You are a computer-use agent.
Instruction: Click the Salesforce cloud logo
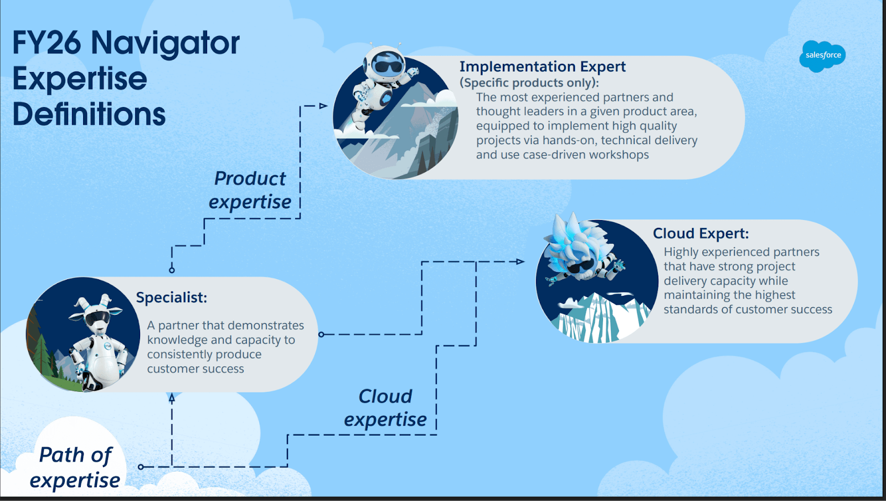click(x=822, y=55)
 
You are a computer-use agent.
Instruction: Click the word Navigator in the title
click(x=165, y=43)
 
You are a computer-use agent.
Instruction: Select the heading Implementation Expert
click(x=542, y=67)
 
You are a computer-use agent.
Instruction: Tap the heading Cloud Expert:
click(x=700, y=233)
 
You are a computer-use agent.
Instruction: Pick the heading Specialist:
click(x=171, y=298)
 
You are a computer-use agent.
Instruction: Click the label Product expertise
click(x=250, y=190)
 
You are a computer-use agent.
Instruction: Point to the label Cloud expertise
click(x=385, y=408)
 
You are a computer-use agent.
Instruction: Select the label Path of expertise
click(x=75, y=467)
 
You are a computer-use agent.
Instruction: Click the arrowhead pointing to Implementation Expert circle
click(x=324, y=106)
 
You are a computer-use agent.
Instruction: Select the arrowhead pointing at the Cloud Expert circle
click(x=520, y=262)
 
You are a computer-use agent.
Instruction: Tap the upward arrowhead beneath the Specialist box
click(x=172, y=397)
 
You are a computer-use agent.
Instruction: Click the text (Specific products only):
click(x=529, y=83)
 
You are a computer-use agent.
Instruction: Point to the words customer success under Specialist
click(x=195, y=369)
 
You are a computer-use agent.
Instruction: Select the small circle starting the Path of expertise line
click(x=141, y=467)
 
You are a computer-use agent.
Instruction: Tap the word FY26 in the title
click(x=47, y=43)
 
